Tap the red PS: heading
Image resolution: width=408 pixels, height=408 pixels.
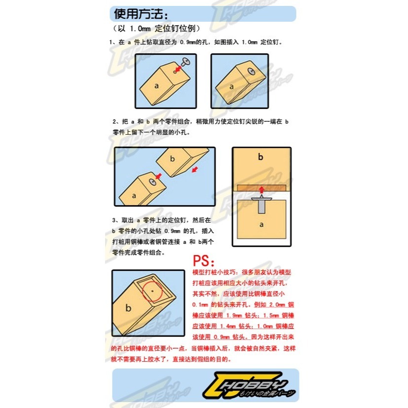click(x=204, y=260)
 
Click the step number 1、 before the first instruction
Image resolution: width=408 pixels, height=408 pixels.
click(x=113, y=43)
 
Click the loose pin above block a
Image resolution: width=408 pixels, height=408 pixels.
click(x=186, y=61)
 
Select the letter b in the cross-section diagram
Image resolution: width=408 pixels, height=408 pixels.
click(x=261, y=157)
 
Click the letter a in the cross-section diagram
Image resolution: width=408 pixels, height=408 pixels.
click(x=261, y=223)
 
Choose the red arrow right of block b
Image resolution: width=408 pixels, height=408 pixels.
click(x=196, y=170)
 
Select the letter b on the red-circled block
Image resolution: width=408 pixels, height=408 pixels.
click(x=128, y=309)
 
